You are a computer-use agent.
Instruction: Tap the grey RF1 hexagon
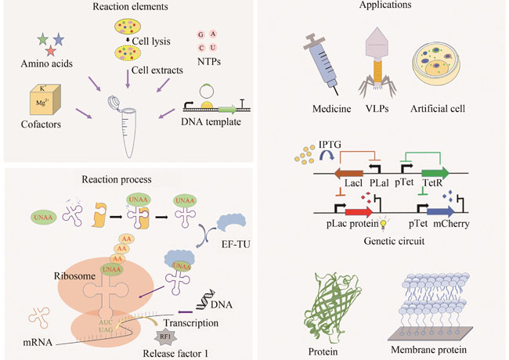pyautogui.click(x=165, y=337)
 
